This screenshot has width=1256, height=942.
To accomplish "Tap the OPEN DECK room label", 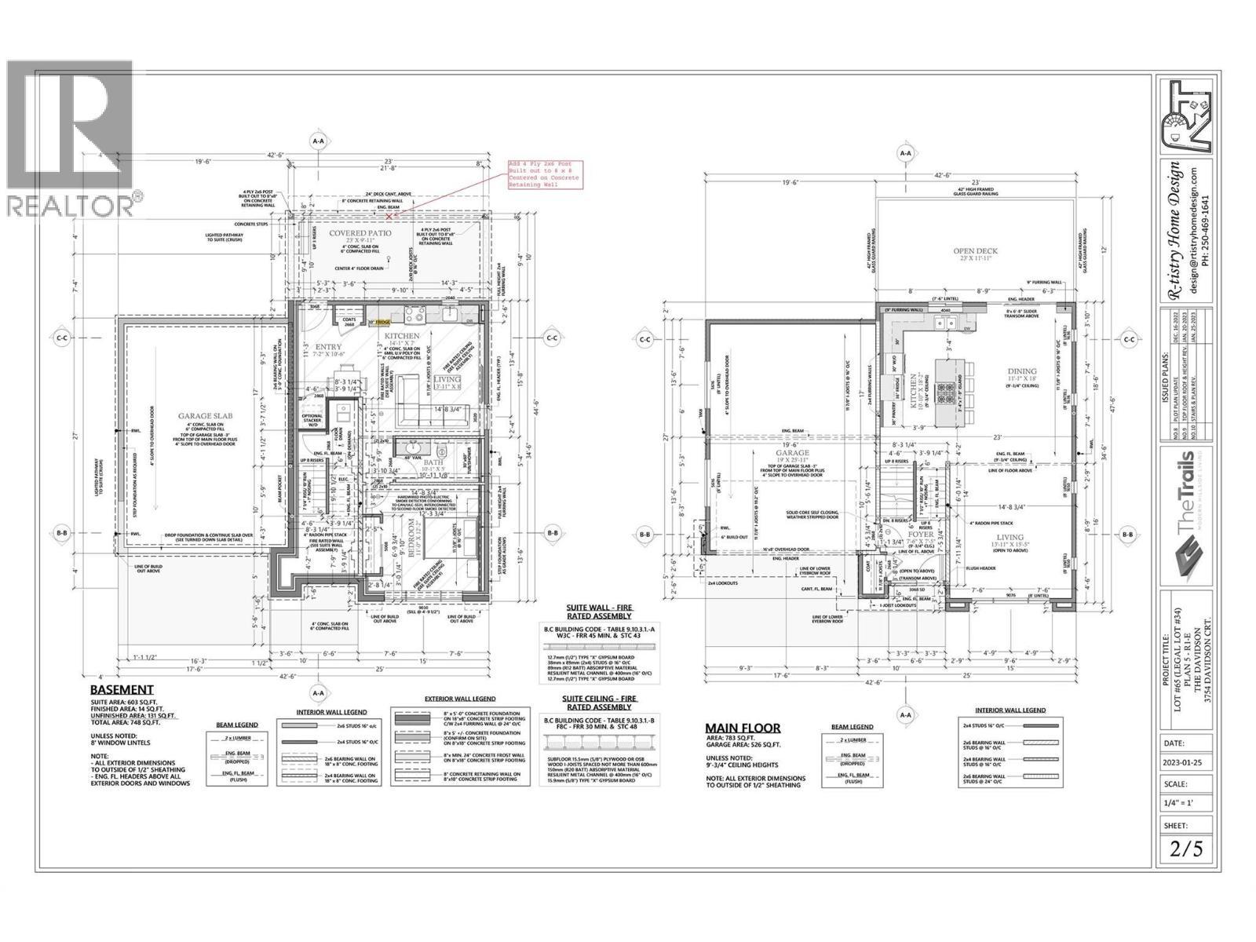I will click(974, 252).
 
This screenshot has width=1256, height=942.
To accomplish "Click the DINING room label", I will click(1021, 371).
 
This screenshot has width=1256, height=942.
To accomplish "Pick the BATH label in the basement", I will click(433, 463).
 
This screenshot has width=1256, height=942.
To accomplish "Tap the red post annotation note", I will click(544, 174).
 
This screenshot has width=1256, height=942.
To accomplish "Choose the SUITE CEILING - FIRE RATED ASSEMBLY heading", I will click(600, 702).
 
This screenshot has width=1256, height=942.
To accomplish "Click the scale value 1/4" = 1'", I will click(1186, 802).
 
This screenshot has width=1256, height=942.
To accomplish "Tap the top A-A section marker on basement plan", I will click(319, 142).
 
